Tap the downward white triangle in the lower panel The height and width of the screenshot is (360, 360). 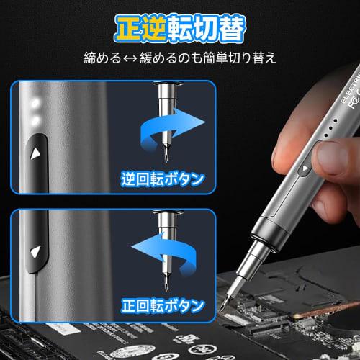coord(33,251)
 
